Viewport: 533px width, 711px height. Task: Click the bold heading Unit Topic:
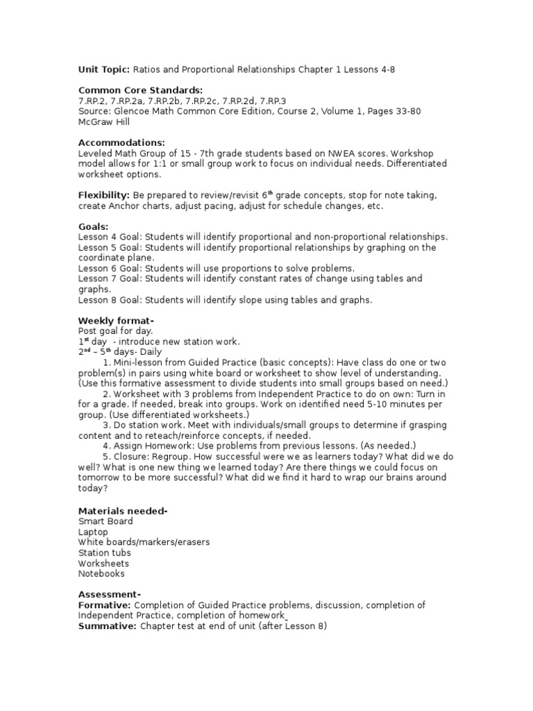pos(102,71)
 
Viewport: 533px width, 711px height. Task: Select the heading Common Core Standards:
pos(140,91)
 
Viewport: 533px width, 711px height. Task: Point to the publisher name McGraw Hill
pos(105,122)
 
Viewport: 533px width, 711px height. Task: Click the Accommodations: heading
pos(121,142)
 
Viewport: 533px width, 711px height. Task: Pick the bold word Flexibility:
pos(104,196)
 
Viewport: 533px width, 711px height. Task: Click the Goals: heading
pos(94,226)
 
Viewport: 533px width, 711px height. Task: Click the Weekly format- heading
pos(116,320)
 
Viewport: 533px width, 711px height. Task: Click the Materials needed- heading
pos(123,511)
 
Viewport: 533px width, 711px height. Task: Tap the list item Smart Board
pos(105,521)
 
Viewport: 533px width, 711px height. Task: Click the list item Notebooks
pos(101,574)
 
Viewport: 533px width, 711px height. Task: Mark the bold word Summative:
pos(107,626)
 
